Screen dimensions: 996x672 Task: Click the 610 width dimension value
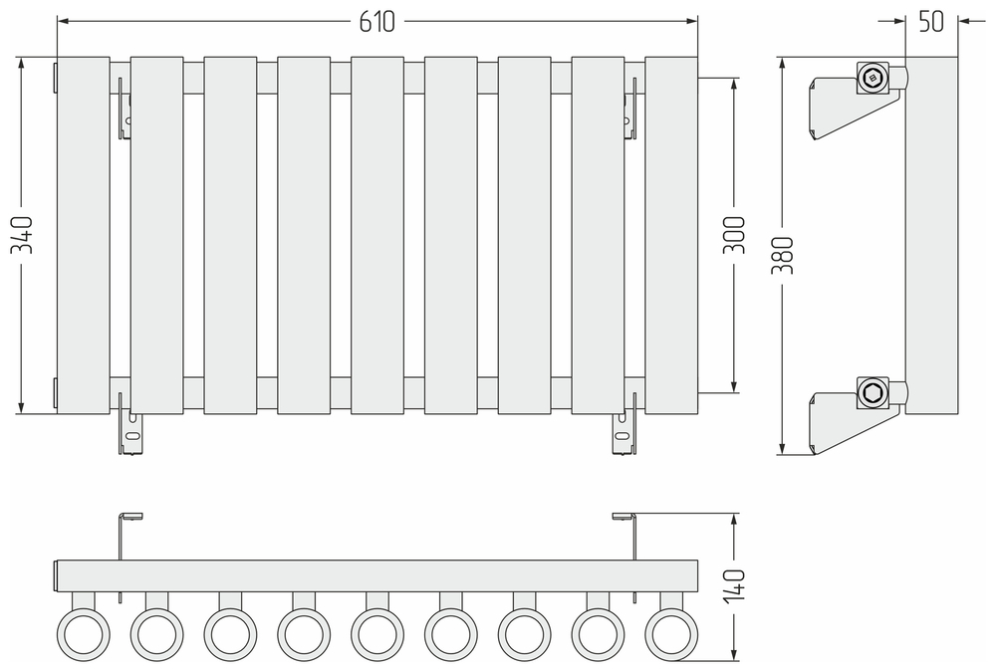[x=378, y=20]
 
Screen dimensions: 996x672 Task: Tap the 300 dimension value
[x=734, y=235]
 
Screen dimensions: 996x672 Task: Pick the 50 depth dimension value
[x=930, y=21]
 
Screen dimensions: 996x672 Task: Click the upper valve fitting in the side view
[x=873, y=77]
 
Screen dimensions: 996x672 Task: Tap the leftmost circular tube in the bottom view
[x=83, y=632]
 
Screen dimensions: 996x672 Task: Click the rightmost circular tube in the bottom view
[x=672, y=632]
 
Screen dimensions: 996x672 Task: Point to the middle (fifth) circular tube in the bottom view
[x=377, y=632]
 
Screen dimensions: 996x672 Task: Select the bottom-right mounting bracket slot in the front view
[x=622, y=436]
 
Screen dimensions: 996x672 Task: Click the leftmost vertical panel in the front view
[x=84, y=235]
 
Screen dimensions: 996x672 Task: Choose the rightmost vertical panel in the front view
[x=672, y=235]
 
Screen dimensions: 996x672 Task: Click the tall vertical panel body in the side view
[x=931, y=235]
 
